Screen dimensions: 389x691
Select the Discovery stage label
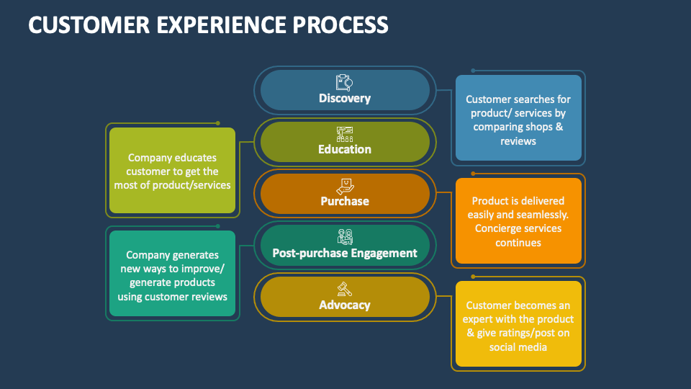coord(345,98)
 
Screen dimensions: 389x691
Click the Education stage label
coord(345,150)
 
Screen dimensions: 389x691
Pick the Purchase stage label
coord(345,202)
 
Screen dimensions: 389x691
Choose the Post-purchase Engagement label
coord(345,253)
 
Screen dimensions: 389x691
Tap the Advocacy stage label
coord(345,305)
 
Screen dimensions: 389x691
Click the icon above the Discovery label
coord(344,82)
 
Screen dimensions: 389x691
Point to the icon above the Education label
coord(345,134)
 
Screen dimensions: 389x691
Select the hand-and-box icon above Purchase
coord(345,185)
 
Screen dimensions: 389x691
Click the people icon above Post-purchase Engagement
coord(345,237)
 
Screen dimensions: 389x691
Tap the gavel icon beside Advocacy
coord(345,288)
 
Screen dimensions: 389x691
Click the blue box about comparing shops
coord(518,118)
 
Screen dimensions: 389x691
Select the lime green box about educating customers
coord(173,171)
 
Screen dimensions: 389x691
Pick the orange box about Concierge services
coord(518,220)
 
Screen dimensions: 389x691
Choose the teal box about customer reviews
coord(173,274)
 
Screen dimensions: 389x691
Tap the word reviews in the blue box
coord(518,141)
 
